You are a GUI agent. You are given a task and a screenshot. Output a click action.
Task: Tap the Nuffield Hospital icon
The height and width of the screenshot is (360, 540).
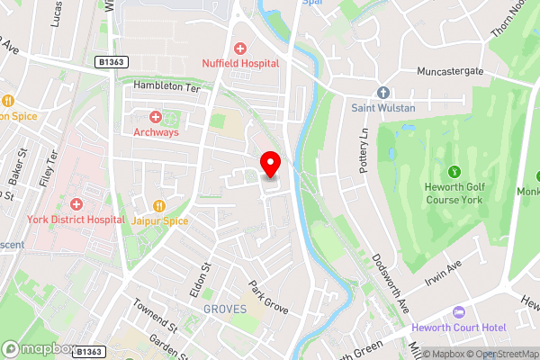[240, 49]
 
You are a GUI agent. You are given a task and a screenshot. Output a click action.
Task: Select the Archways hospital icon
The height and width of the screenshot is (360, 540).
[155, 118]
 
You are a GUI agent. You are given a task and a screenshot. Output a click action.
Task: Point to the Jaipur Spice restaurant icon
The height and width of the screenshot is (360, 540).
[160, 205]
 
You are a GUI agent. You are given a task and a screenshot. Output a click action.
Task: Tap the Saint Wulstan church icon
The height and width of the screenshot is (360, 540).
[382, 93]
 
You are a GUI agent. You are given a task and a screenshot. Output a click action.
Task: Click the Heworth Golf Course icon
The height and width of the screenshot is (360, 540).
[454, 170]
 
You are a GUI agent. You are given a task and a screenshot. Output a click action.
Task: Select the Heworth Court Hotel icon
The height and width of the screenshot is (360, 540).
[457, 311]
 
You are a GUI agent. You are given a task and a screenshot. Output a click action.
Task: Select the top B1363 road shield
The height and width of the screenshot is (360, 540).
[110, 62]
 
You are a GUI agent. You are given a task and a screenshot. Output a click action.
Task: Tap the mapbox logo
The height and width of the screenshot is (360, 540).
[38, 349]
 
